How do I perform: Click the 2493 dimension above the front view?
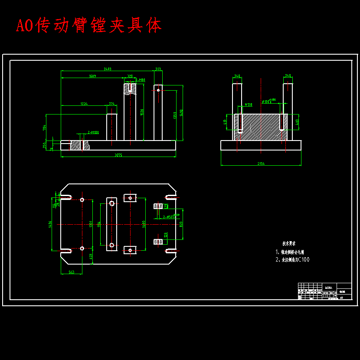pyautogui.click(x=108, y=69)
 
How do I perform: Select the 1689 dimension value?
pyautogui.click(x=92, y=76)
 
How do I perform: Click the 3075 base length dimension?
pyautogui.click(x=118, y=155)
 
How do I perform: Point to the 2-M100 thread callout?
pyautogui.click(x=93, y=132)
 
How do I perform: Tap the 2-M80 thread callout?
pyautogui.click(x=140, y=80)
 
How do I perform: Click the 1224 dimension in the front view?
pyautogui.click(x=84, y=104)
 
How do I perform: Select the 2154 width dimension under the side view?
pyautogui.click(x=261, y=164)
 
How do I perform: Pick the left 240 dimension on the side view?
pyautogui.click(x=237, y=76)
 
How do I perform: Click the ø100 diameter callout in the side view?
pyautogui.click(x=265, y=101)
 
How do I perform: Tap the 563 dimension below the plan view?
pyautogui.click(x=71, y=272)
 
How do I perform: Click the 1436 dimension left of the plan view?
pyautogui.click(x=50, y=224)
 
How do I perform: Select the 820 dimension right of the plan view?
pyautogui.click(x=181, y=224)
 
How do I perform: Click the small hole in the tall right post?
pyautogui.click(x=158, y=90)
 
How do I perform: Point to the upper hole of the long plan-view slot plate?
pyautogui.click(x=111, y=203)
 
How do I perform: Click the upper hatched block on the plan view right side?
pyautogui.click(x=158, y=206)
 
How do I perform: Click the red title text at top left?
pyautogui.click(x=89, y=26)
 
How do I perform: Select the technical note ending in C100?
pyautogui.click(x=293, y=260)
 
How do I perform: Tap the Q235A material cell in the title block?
pyautogui.click(x=329, y=288)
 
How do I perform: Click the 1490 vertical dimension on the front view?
pyautogui.click(x=181, y=112)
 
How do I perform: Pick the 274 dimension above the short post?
pyautogui.click(x=111, y=104)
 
